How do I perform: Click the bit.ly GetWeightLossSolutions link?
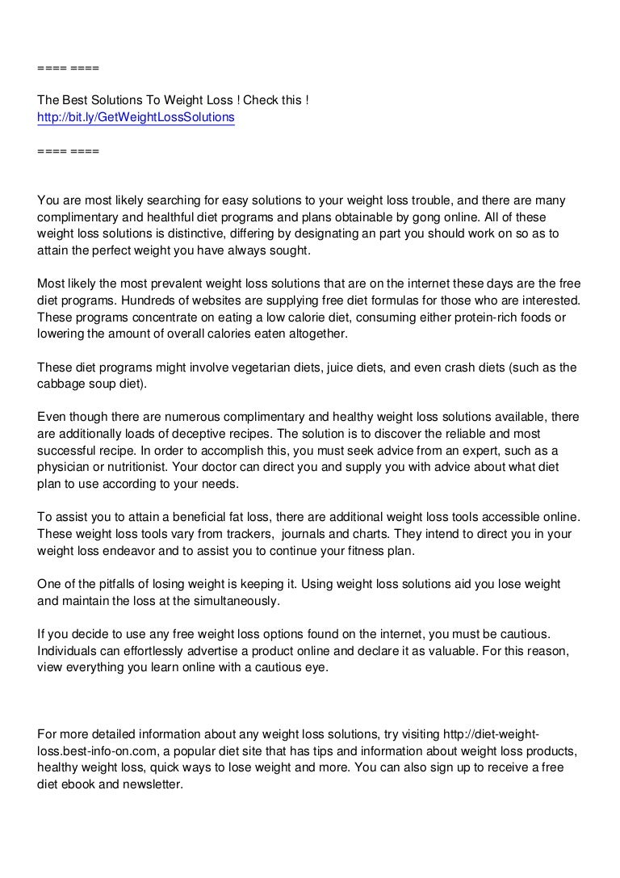point(136,118)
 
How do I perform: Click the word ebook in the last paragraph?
point(81,784)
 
